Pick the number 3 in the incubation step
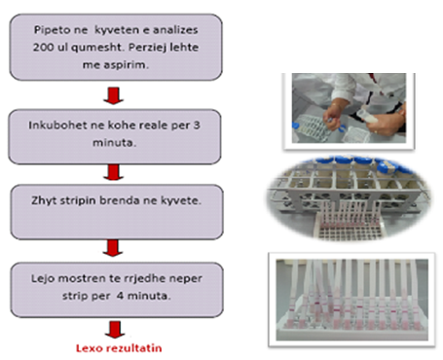pyautogui.click(x=197, y=126)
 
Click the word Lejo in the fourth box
pyautogui.click(x=43, y=279)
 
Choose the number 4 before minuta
pyautogui.click(x=120, y=296)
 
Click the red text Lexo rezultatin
pyautogui.click(x=119, y=348)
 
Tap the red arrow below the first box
pyautogui.click(x=113, y=95)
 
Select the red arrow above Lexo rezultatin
pyautogui.click(x=115, y=330)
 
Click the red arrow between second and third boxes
pyautogui.click(x=113, y=172)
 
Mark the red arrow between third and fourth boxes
pyautogui.click(x=113, y=248)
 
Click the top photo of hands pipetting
pyautogui.click(x=349, y=108)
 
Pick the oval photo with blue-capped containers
pyautogui.click(x=349, y=198)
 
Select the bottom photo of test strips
pyautogui.click(x=351, y=300)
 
